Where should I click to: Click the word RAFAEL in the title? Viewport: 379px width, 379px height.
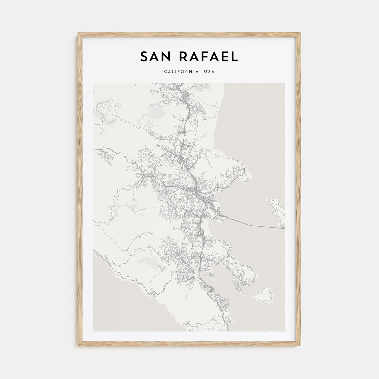pos(208,56)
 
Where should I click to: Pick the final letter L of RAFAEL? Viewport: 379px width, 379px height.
pos(235,56)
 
